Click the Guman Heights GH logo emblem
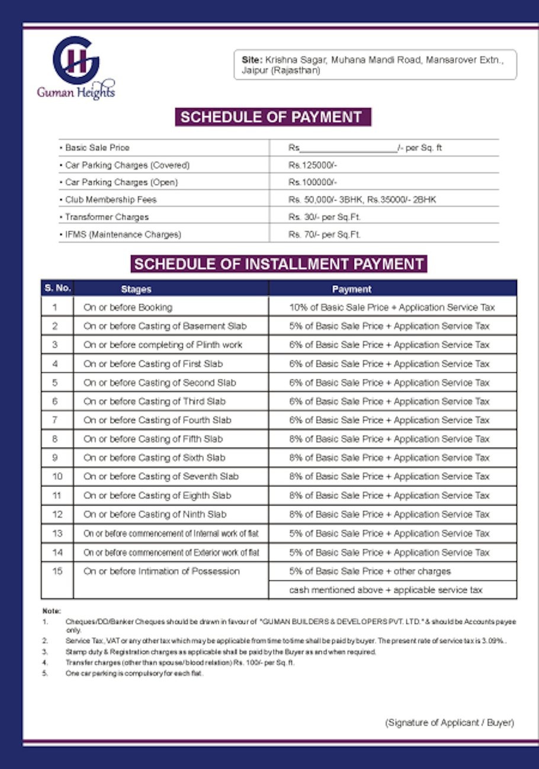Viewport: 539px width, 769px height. pos(75,60)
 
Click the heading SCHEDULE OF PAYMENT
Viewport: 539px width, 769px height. pos(272,117)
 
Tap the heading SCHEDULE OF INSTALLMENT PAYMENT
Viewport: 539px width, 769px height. pos(278,264)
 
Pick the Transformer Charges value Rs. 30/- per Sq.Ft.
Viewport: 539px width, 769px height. pos(324,217)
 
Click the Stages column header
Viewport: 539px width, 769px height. pos(136,289)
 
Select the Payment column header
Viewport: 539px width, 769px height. pos(352,289)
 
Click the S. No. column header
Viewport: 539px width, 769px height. pos(57,289)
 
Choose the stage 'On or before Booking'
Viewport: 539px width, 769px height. pos(128,308)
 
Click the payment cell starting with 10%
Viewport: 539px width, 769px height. pos(392,308)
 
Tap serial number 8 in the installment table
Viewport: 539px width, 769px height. pos(55,439)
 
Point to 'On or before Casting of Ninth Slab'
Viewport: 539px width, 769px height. pos(155,515)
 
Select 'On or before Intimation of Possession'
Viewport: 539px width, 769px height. pos(161,571)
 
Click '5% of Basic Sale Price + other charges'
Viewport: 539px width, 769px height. pos(370,571)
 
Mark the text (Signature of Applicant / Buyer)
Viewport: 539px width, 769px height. pos(449,723)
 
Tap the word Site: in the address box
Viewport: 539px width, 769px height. pos(252,60)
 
